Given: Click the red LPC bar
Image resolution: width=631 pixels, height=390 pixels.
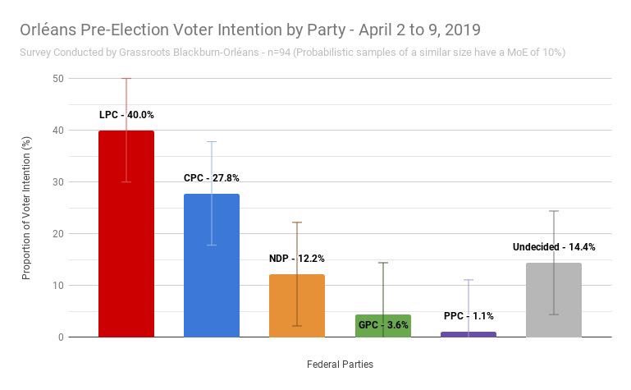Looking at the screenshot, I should pyautogui.click(x=126, y=246).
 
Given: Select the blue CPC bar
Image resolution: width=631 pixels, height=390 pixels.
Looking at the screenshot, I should pyautogui.click(x=211, y=271).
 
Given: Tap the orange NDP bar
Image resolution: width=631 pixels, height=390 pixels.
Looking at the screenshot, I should pyautogui.click(x=296, y=308).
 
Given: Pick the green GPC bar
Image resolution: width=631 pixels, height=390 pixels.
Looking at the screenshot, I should pyautogui.click(x=382, y=328).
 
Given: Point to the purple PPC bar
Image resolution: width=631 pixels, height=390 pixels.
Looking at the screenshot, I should pyautogui.click(x=468, y=334).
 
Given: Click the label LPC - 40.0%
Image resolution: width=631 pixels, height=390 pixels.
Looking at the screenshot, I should pyautogui.click(x=126, y=115).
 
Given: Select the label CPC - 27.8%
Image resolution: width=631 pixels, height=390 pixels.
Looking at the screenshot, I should pyautogui.click(x=212, y=178).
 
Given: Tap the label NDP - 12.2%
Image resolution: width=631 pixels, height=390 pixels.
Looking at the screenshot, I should pyautogui.click(x=296, y=259).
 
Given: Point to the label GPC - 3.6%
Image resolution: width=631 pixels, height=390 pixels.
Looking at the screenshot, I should pyautogui.click(x=382, y=325).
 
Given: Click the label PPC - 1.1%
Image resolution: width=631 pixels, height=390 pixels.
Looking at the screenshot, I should pyautogui.click(x=468, y=316).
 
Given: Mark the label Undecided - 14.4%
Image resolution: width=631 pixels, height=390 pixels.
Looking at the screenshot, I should pyautogui.click(x=554, y=246).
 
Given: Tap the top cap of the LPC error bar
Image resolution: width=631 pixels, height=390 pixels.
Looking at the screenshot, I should pyautogui.click(x=126, y=79).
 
